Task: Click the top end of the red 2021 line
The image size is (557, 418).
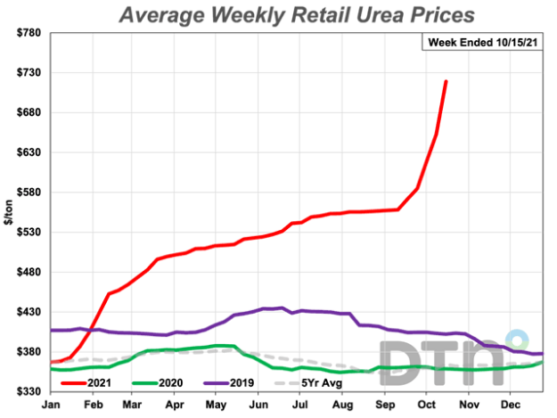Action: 446,81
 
